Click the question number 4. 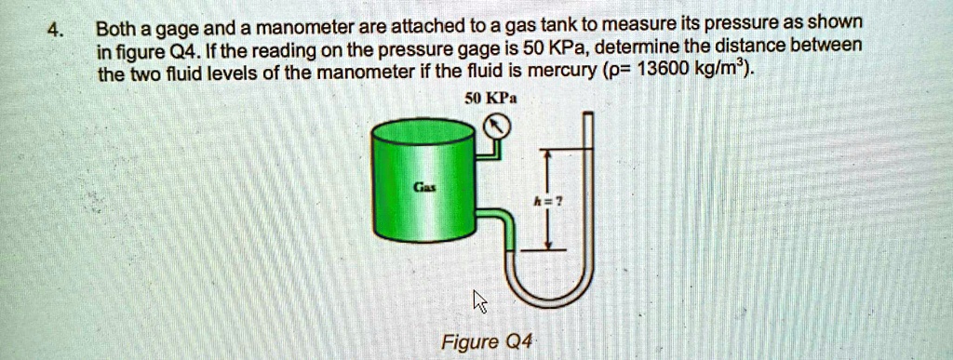click(56, 28)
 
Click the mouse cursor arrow click(479, 300)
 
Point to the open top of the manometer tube click(586, 115)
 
